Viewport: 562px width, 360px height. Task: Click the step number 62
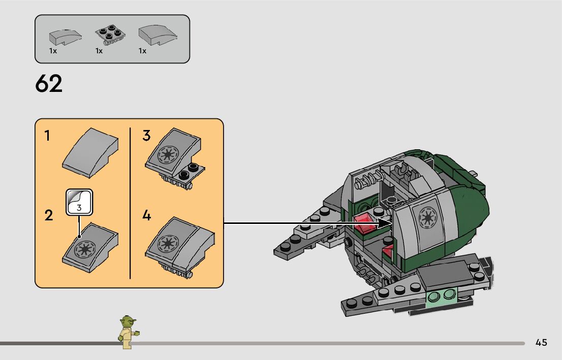pyautogui.click(x=49, y=84)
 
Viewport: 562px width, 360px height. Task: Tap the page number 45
pyautogui.click(x=541, y=343)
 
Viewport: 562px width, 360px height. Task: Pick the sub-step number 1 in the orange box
pyautogui.click(x=47, y=136)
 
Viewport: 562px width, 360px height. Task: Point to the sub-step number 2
pyautogui.click(x=49, y=215)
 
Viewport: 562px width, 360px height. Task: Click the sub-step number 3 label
pyautogui.click(x=146, y=136)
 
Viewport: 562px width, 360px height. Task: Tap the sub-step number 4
pyautogui.click(x=146, y=216)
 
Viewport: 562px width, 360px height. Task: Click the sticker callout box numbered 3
pyautogui.click(x=79, y=201)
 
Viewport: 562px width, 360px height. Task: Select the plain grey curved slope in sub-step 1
pyautogui.click(x=90, y=152)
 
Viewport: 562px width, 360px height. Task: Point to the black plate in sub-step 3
pyautogui.click(x=190, y=171)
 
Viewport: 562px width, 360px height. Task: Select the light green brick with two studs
pyautogui.click(x=442, y=296)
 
